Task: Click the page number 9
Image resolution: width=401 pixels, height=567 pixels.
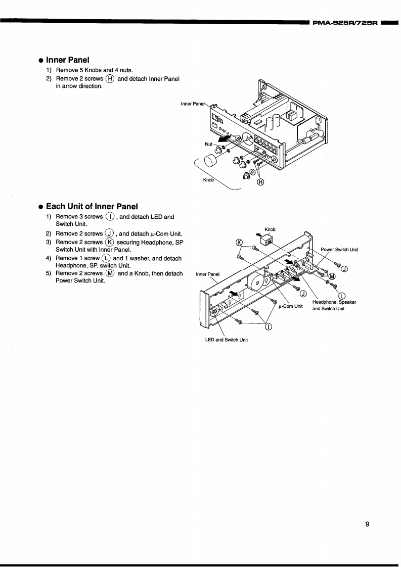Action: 368,524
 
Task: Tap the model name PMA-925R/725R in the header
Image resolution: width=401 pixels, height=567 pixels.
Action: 345,23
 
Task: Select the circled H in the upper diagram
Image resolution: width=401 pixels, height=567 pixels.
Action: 260,182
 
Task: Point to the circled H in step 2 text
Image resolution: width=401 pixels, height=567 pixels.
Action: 110,79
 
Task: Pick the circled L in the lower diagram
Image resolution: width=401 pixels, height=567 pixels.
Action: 342,296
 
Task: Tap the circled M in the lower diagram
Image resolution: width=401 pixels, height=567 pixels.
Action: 332,276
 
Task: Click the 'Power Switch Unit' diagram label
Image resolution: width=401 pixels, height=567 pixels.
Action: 339,250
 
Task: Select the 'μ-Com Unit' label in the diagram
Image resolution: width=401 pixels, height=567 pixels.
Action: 290,306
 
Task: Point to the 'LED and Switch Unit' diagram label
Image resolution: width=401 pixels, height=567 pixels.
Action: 226,340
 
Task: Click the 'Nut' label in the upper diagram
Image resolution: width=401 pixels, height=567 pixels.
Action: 208,144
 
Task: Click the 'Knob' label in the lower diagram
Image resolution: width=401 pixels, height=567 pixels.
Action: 270,229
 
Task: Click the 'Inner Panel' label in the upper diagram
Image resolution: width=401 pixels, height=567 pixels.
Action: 193,104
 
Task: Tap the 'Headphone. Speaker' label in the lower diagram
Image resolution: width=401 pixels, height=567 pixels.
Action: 334,302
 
